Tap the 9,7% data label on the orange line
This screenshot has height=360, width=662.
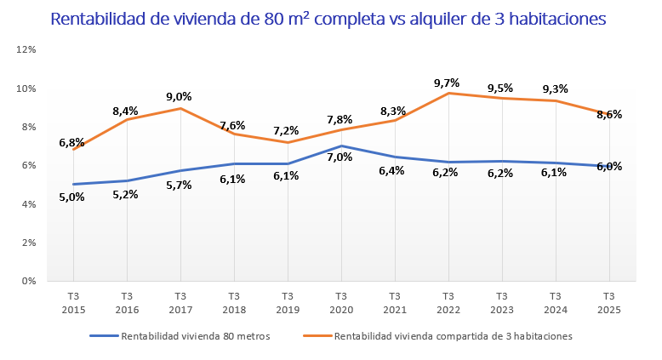[x=447, y=83]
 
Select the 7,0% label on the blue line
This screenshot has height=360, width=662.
[x=340, y=157]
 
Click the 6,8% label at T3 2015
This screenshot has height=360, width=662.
[x=71, y=142]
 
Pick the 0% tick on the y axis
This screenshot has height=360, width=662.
[x=28, y=281]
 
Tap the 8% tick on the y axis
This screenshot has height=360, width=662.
[x=28, y=127]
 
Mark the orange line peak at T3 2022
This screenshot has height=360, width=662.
[x=448, y=93]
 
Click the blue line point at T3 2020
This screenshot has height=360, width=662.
[x=340, y=146]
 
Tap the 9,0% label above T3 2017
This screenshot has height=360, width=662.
[x=179, y=96]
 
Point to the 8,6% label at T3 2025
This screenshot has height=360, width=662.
[x=608, y=114]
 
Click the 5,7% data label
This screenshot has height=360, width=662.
[x=180, y=185]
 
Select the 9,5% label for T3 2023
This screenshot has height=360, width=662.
[x=500, y=88]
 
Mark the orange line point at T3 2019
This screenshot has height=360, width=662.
[x=287, y=142]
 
